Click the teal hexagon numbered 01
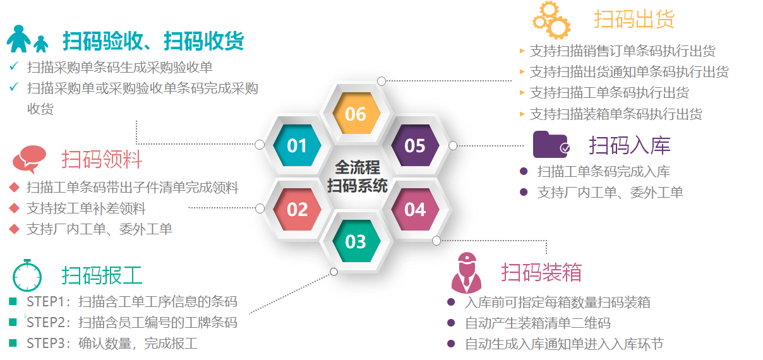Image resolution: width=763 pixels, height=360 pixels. coord(297,145)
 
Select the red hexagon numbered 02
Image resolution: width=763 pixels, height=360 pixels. coord(297,209)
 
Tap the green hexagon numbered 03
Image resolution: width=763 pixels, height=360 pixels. coord(356,241)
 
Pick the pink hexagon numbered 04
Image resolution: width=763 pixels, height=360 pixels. coord(415,209)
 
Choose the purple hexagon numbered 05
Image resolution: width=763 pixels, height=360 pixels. coord(415,145)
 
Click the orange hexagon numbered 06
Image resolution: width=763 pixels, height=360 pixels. coord(356,114)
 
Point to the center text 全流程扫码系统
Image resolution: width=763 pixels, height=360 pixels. coord(357,176)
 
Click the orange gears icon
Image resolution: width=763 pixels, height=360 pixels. coord(551,20)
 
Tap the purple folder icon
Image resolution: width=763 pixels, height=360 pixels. coord(551,145)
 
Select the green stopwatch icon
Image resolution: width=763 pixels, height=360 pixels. coord(27,275)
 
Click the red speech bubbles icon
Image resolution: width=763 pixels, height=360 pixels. coord(29,159)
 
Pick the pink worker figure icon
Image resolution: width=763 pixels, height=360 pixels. coord(466,273)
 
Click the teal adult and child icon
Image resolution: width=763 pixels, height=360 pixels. coord(27,39)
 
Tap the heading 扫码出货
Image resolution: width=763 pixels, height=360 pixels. coord(634,19)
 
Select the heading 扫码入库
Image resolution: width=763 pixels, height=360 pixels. coord(630,145)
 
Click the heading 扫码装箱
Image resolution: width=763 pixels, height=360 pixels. coord(541,272)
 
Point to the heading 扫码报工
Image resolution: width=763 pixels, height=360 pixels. coord(102,275)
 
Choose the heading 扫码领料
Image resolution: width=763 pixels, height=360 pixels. coord(102,159)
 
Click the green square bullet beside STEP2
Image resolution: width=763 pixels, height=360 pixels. coord(13,322)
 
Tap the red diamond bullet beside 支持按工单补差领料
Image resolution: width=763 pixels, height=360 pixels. coord(15,208)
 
